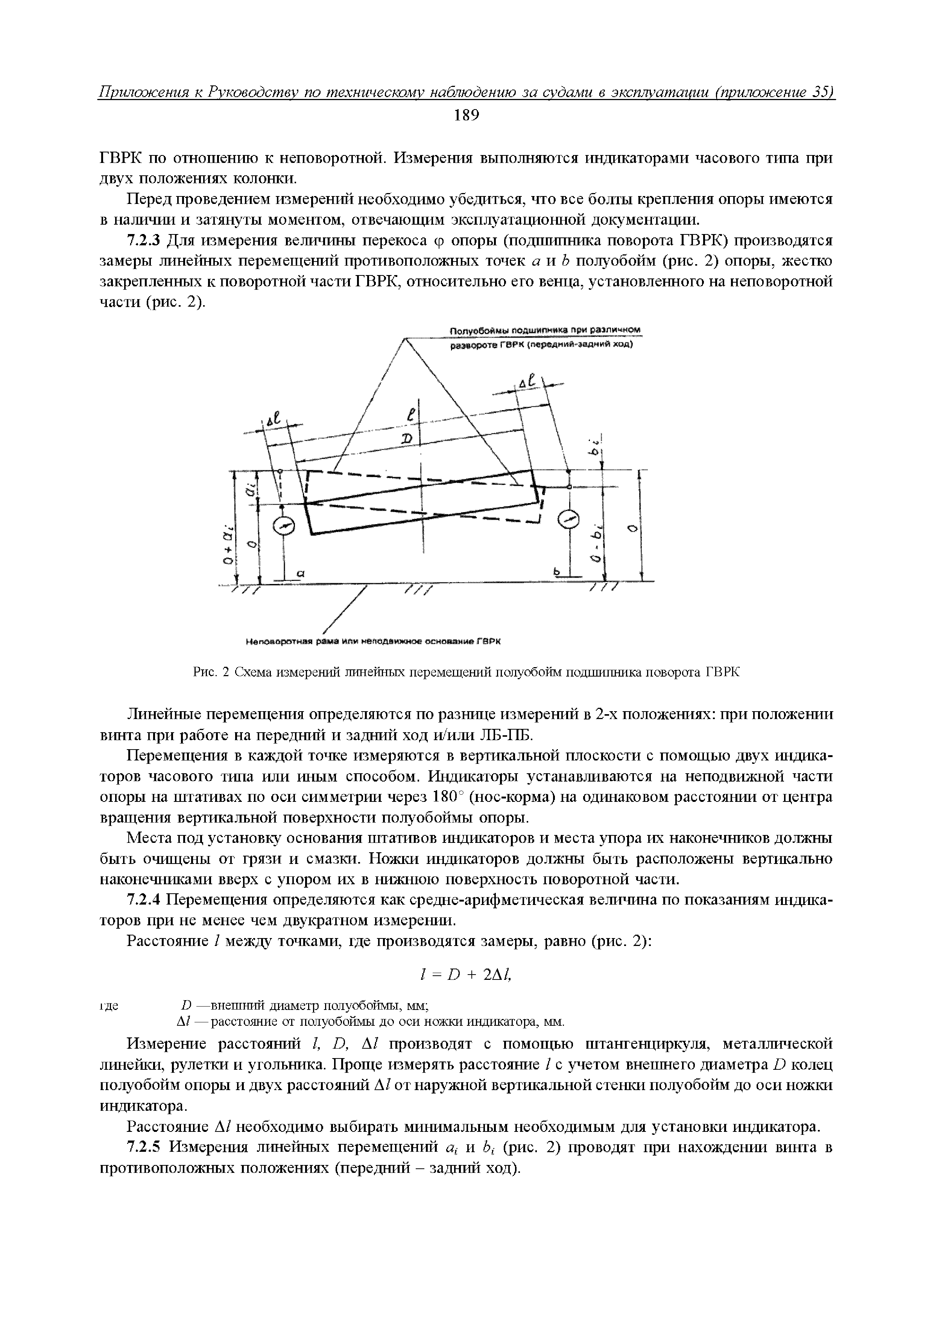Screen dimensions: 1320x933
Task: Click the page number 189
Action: click(x=466, y=116)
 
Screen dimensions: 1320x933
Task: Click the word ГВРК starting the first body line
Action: click(x=119, y=158)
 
